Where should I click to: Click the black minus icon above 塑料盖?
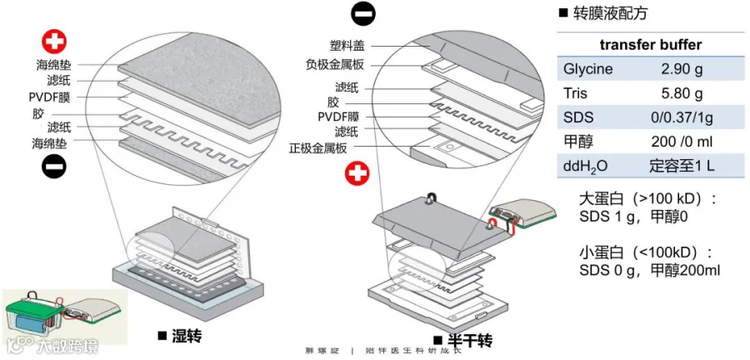(x=363, y=14)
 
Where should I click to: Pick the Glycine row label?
(x=587, y=69)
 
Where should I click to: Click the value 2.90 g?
(x=682, y=69)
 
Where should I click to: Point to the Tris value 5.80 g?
(x=682, y=93)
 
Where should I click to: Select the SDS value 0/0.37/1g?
(x=682, y=117)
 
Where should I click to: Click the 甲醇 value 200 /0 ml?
(x=682, y=142)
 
